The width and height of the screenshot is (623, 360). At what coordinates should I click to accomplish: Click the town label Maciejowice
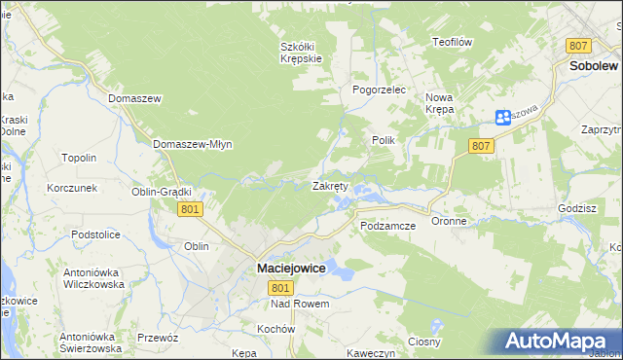292,267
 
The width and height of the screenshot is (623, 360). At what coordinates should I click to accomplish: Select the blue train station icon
502,118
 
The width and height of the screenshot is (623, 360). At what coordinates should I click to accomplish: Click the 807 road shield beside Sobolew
579,46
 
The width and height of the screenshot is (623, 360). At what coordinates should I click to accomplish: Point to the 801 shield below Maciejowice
280,287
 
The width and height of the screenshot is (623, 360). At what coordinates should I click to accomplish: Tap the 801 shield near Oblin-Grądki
190,208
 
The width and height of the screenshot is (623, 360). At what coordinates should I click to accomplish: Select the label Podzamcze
387,226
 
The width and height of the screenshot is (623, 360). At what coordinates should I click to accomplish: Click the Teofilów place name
452,42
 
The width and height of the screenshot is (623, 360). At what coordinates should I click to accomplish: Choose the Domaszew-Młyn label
192,144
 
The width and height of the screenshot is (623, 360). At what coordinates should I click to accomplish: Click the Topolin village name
79,158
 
